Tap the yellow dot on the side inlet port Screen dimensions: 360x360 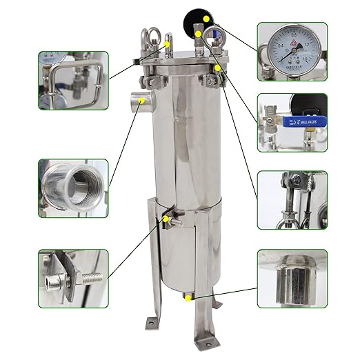pos(142,101)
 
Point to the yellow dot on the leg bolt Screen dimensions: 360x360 pos(166,219)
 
